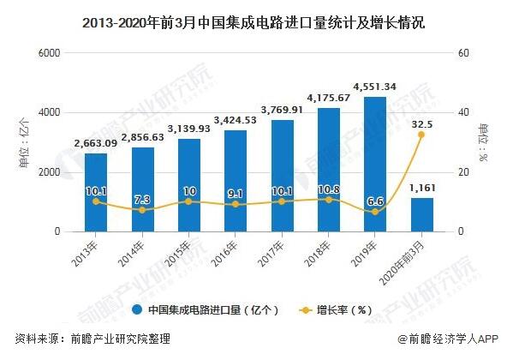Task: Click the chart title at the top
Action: coord(262,22)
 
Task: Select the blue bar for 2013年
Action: coord(96,193)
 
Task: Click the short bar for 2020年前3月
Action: coord(421,214)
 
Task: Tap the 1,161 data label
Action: coord(422,186)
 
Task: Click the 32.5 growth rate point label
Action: coord(422,123)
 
